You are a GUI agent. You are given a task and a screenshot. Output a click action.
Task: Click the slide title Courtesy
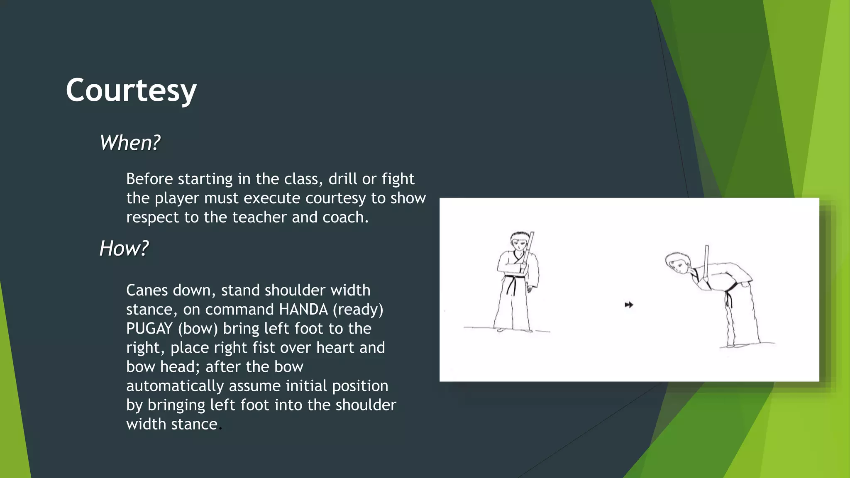click(x=131, y=90)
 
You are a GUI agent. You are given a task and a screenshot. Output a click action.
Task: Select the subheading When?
click(x=129, y=143)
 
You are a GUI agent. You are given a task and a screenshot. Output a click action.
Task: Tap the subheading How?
click(x=124, y=249)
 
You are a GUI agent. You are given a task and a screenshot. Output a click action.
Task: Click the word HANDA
click(x=303, y=310)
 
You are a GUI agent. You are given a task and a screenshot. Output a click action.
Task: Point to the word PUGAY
click(x=149, y=329)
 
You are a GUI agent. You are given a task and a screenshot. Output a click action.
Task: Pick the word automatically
click(x=175, y=386)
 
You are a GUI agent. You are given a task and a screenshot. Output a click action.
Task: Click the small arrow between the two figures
click(x=629, y=305)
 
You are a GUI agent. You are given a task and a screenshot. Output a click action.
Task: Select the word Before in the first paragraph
click(x=150, y=179)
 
